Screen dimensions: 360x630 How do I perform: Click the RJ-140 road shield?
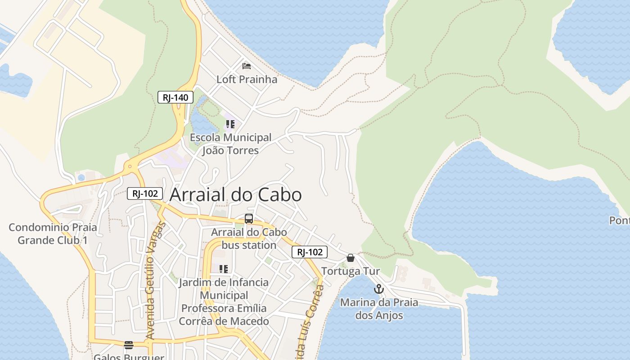point(175,97)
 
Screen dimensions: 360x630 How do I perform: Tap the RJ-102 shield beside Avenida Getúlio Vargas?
point(144,194)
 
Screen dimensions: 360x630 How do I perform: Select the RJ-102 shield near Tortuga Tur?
point(310,252)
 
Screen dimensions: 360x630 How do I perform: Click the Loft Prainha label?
point(247,80)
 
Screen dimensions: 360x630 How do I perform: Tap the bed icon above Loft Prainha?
point(247,66)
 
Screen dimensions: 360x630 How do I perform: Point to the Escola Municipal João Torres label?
point(230,144)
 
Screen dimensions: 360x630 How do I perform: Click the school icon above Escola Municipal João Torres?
point(230,124)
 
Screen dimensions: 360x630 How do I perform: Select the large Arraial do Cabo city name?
point(235,195)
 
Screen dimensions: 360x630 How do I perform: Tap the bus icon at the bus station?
point(249,219)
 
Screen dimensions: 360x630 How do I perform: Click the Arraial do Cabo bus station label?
point(249,239)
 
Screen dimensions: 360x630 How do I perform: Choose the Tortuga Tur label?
point(351,271)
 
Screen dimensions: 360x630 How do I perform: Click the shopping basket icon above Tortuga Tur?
point(351,258)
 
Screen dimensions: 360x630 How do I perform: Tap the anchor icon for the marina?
point(379,289)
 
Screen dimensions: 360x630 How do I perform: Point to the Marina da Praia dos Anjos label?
point(379,309)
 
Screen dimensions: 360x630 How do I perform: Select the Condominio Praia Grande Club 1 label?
point(53,234)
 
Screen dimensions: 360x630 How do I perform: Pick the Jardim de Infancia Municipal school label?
point(224,301)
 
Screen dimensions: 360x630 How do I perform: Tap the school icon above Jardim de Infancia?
point(223,269)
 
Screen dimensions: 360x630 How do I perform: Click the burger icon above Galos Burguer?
point(129,346)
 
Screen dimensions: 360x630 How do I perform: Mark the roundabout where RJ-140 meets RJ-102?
point(130,167)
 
